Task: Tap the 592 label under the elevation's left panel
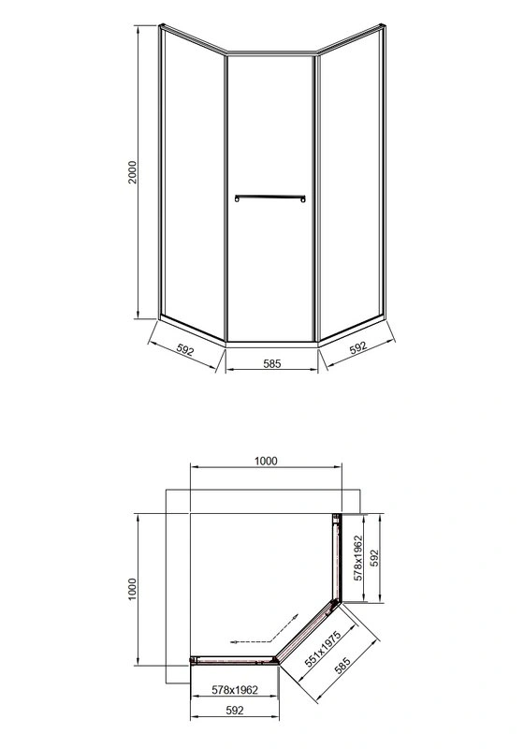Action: pyautogui.click(x=184, y=350)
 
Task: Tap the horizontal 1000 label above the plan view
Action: pyautogui.click(x=266, y=461)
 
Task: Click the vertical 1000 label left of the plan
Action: pyautogui.click(x=133, y=590)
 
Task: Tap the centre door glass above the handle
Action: pyautogui.click(x=269, y=122)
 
